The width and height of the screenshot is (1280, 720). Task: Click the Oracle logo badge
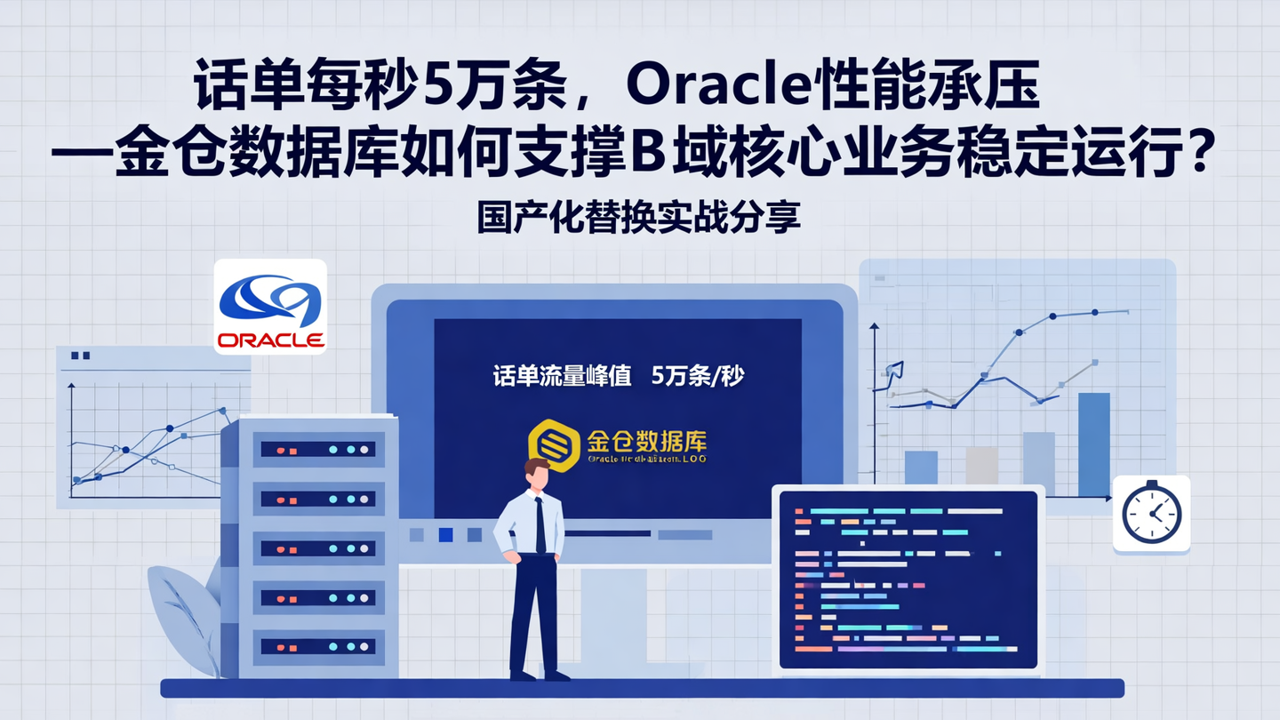[x=270, y=307]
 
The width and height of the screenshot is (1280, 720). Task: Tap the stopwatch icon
[x=1151, y=514]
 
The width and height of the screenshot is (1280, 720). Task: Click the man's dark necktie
[x=540, y=524]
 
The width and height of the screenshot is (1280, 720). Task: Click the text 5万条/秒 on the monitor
[x=698, y=376]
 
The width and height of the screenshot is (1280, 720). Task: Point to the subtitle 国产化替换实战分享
[x=639, y=218]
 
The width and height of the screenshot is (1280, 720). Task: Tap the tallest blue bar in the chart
[x=1093, y=444]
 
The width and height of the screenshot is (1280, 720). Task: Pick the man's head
[x=536, y=473]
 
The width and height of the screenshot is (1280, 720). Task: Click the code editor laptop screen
[x=908, y=579]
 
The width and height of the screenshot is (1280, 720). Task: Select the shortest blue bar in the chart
[x=921, y=468]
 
